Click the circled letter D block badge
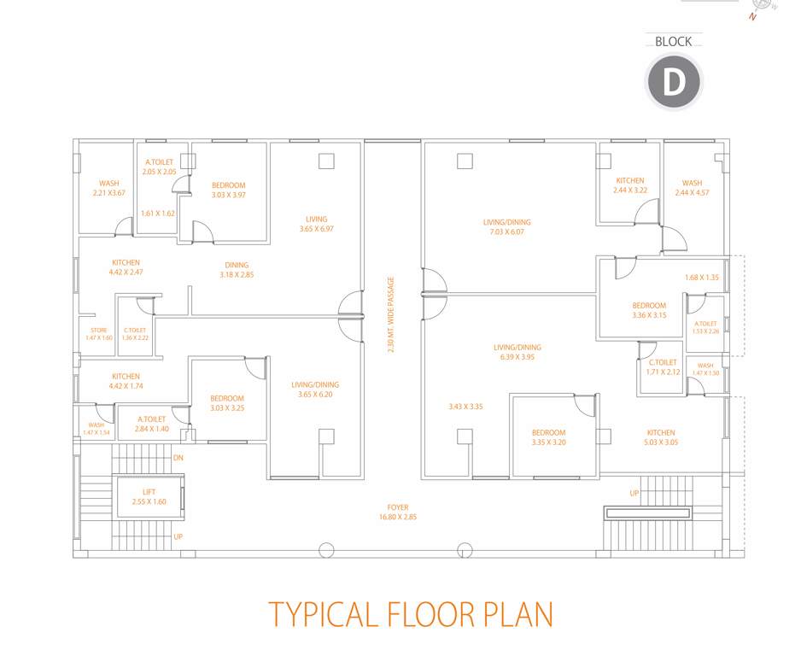click(674, 83)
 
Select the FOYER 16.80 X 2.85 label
click(397, 512)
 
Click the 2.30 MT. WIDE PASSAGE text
click(391, 315)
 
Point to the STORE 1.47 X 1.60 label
click(98, 334)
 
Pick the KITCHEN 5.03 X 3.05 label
click(660, 437)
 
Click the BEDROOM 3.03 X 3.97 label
click(228, 190)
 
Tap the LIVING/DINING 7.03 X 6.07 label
click(507, 226)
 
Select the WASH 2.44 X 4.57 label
click(692, 187)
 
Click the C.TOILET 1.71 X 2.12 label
click(662, 367)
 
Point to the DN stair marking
click(178, 459)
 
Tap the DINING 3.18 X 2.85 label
click(237, 270)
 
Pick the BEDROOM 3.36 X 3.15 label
click(649, 310)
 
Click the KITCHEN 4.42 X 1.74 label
click(126, 381)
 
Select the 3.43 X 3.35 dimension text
click(465, 407)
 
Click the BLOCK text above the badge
click(673, 42)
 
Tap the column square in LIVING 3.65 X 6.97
click(326, 161)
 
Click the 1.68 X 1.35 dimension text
click(702, 278)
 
